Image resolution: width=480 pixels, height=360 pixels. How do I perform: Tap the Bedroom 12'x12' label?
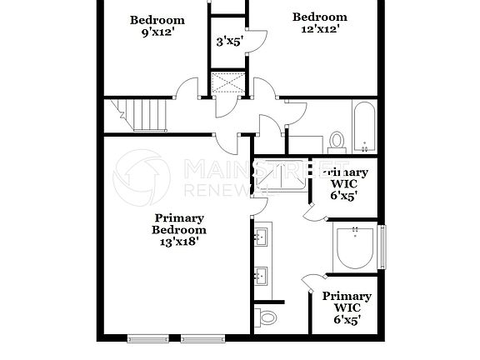tap(318, 23)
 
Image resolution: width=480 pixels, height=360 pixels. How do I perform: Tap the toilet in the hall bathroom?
tap(337, 141)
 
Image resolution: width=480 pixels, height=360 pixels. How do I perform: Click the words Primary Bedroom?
tap(178, 223)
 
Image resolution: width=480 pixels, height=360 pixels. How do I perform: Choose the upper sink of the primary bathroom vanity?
tap(261, 237)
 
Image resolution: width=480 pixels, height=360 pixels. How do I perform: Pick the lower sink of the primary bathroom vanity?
tap(261, 276)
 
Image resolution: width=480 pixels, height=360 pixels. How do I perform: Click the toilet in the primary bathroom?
tap(266, 317)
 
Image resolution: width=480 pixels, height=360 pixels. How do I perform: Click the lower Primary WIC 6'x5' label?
tap(346, 307)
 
